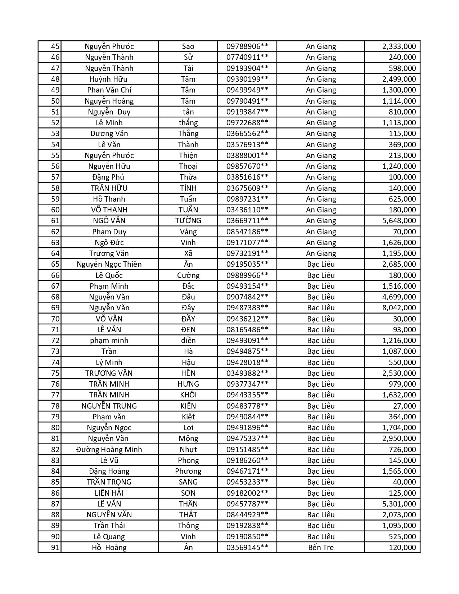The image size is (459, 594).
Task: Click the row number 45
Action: (55, 46)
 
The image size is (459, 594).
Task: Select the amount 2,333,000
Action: (399, 46)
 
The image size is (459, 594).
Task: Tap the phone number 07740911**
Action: (247, 57)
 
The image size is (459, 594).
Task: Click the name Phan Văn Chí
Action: (109, 90)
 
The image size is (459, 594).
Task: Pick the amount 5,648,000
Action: (399, 221)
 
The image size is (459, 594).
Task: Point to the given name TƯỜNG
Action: (188, 221)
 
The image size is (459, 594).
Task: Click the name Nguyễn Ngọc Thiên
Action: (109, 264)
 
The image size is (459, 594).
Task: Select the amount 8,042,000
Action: (399, 308)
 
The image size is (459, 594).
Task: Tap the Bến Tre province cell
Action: (321, 548)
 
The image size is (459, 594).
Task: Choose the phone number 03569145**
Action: (247, 548)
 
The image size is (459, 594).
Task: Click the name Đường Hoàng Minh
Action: (109, 450)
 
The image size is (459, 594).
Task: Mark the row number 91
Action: (55, 548)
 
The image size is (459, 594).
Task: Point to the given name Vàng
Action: (188, 232)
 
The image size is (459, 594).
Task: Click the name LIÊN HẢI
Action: (109, 493)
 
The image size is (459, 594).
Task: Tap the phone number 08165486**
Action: (247, 330)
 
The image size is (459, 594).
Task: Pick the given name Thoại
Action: (188, 166)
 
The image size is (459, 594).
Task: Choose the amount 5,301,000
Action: (399, 504)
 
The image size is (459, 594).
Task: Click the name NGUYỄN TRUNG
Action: (109, 406)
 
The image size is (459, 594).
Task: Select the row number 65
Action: (55, 264)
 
